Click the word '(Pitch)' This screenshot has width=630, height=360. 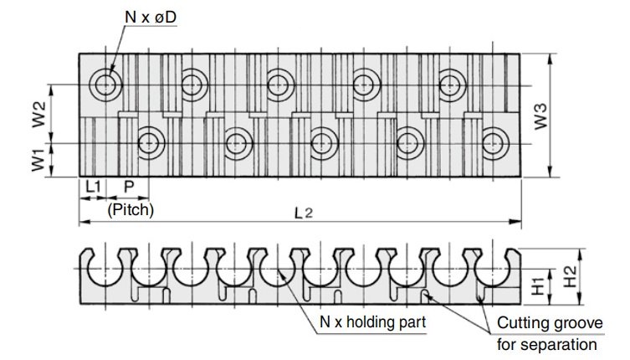pos(131,209)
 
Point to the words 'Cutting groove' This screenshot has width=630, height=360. pos(549,323)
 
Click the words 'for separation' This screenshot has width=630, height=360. pos(547,344)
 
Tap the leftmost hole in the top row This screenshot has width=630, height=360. pos(105,84)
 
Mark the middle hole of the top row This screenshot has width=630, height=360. pos(279,84)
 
